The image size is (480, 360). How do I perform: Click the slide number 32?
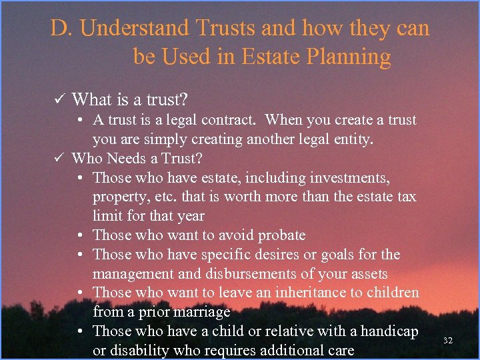448,341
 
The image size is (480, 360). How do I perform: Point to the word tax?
405,197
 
